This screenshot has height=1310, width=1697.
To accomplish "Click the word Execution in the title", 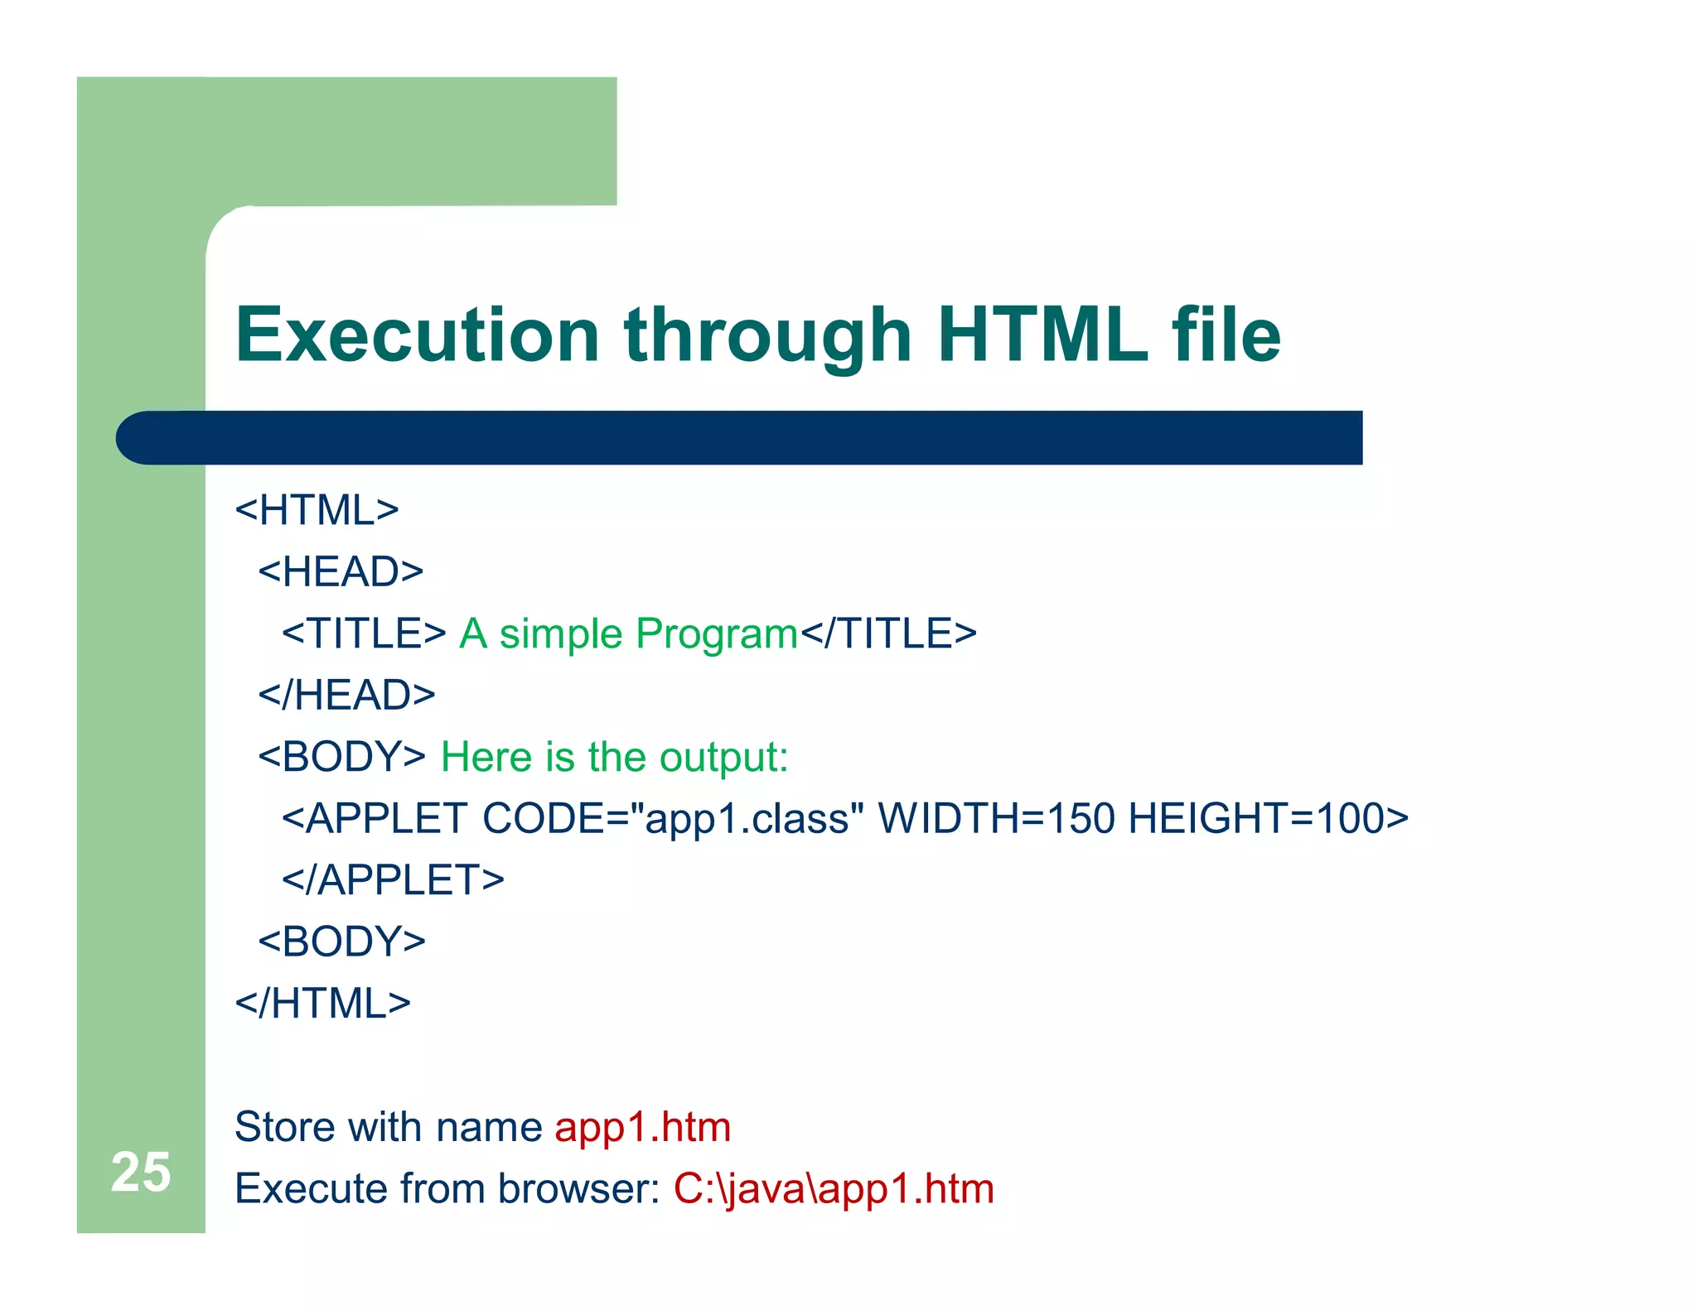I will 417,335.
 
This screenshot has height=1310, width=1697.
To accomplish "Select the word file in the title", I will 1226,335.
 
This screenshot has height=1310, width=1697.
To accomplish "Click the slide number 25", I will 141,1173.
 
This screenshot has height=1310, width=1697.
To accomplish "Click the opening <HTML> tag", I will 317,510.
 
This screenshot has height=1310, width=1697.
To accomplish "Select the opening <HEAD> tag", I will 341,572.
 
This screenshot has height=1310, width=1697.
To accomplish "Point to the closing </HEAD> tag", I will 346,695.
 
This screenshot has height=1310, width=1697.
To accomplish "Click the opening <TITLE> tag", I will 364,633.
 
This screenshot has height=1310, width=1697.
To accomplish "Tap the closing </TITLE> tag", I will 888,633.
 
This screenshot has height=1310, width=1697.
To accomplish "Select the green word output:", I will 723,758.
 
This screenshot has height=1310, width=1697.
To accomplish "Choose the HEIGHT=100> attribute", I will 1268,818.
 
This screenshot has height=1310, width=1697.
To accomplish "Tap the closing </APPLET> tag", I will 393,879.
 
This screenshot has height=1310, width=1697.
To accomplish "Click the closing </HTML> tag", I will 323,1004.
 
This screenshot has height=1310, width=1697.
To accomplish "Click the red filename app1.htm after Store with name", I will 642,1128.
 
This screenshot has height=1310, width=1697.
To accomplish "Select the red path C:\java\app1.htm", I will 833,1189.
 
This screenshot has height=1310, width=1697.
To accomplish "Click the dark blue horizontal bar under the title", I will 737,437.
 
